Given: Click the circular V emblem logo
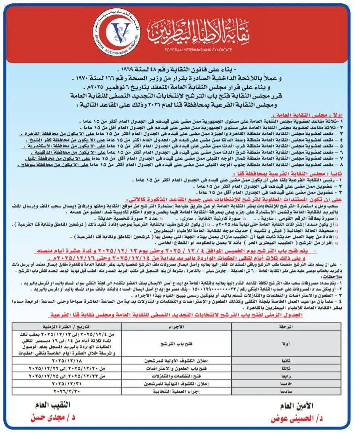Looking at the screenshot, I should coord(117,33).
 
